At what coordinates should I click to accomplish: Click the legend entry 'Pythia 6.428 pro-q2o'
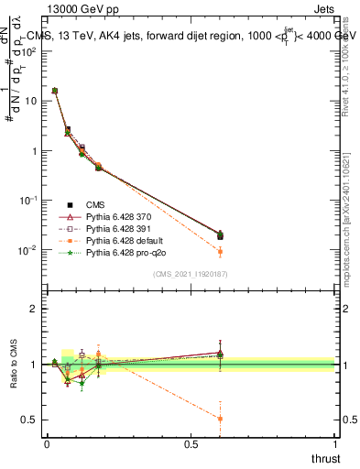coord(128,251)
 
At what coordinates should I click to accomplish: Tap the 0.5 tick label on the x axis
coord(191,443)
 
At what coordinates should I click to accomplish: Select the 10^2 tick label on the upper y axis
coord(29,51)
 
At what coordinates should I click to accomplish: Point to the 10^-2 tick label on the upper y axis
coord(29,250)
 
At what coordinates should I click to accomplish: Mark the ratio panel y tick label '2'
coord(34,309)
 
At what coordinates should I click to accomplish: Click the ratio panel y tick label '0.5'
coord(30,420)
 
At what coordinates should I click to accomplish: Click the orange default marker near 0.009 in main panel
coord(220,252)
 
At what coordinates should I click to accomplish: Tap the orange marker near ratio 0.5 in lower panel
coord(220,419)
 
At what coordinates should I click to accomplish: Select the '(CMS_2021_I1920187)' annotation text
coord(190,274)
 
